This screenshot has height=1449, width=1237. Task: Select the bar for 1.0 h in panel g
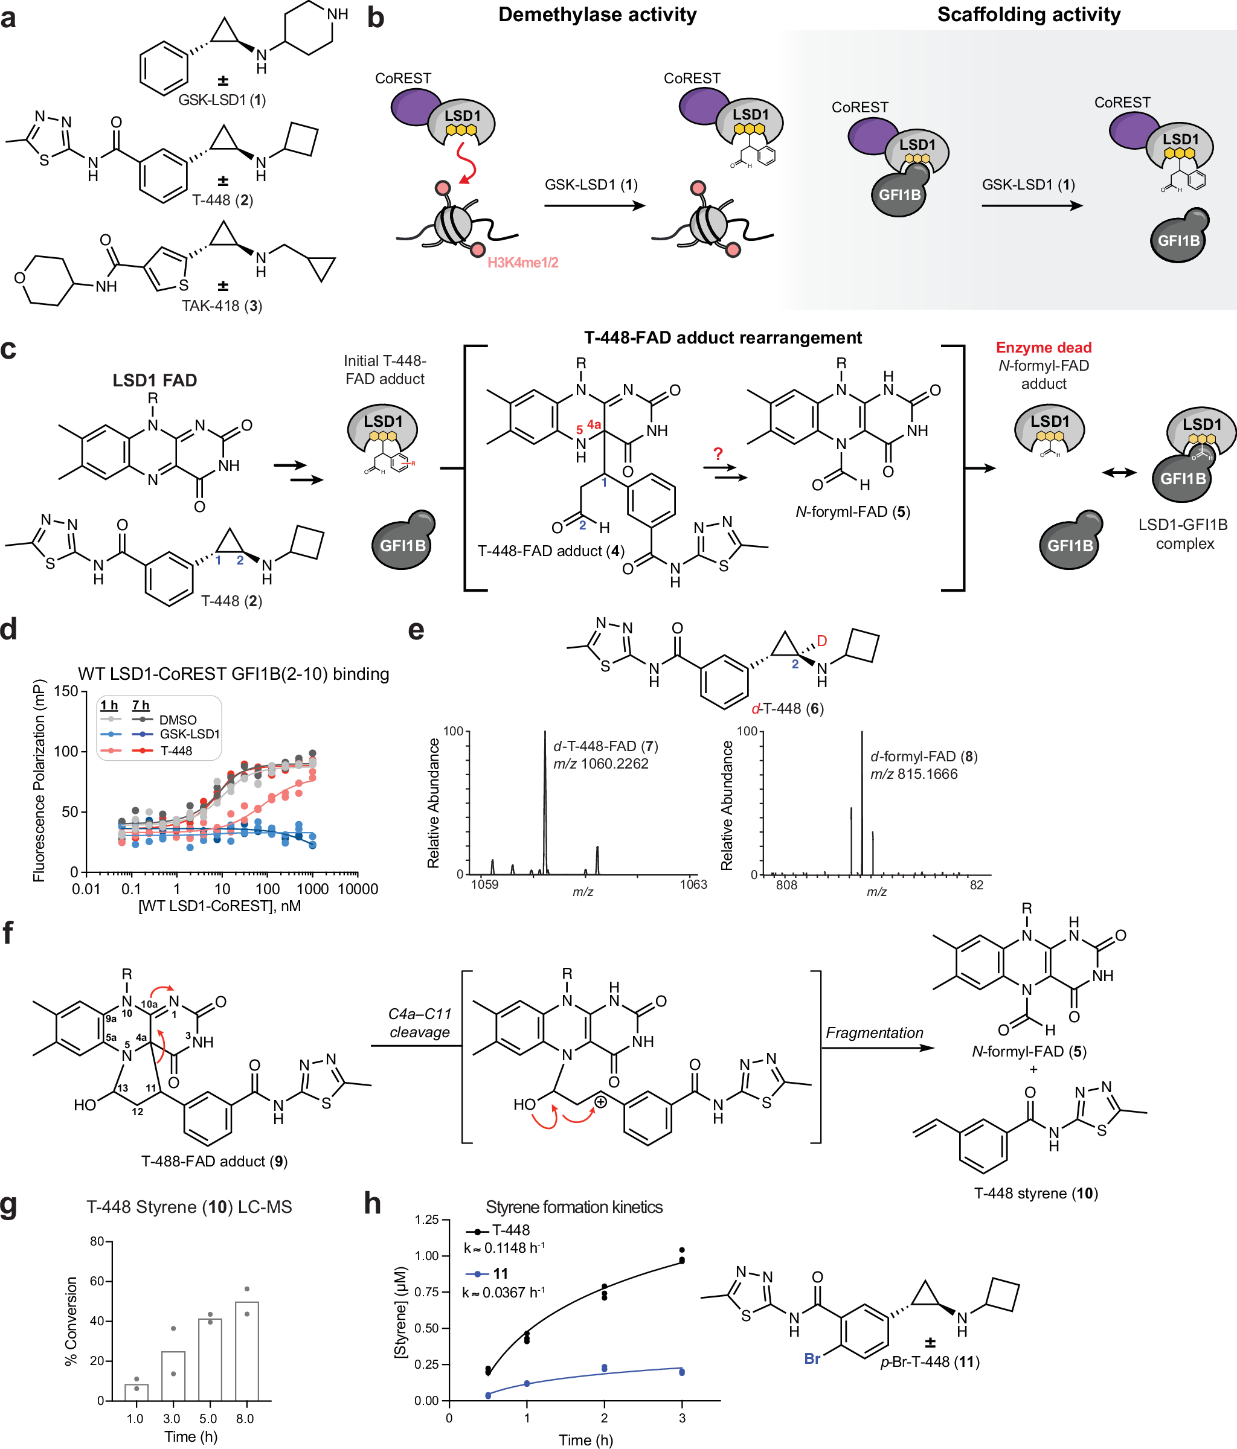[137, 1392]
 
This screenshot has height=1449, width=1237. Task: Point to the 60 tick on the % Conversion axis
[97, 1281]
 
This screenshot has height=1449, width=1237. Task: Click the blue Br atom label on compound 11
[812, 1358]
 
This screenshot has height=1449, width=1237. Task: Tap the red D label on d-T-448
[822, 641]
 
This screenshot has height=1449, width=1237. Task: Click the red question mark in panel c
[718, 454]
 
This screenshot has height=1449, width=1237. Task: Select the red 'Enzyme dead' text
[1043, 348]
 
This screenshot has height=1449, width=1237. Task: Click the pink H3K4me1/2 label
[522, 263]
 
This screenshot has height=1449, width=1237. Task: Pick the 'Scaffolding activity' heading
[1029, 14]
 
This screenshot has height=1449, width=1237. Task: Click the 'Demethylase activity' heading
[597, 14]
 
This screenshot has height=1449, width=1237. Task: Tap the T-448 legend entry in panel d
[176, 751]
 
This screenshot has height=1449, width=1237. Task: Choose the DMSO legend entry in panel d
[178, 720]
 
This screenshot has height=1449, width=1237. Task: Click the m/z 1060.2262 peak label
[601, 764]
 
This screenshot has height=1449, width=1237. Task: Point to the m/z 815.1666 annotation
[914, 774]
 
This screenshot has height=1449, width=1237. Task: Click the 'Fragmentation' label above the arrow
[874, 1033]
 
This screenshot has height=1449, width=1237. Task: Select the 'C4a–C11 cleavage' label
[420, 1023]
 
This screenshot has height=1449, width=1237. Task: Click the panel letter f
[8, 933]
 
